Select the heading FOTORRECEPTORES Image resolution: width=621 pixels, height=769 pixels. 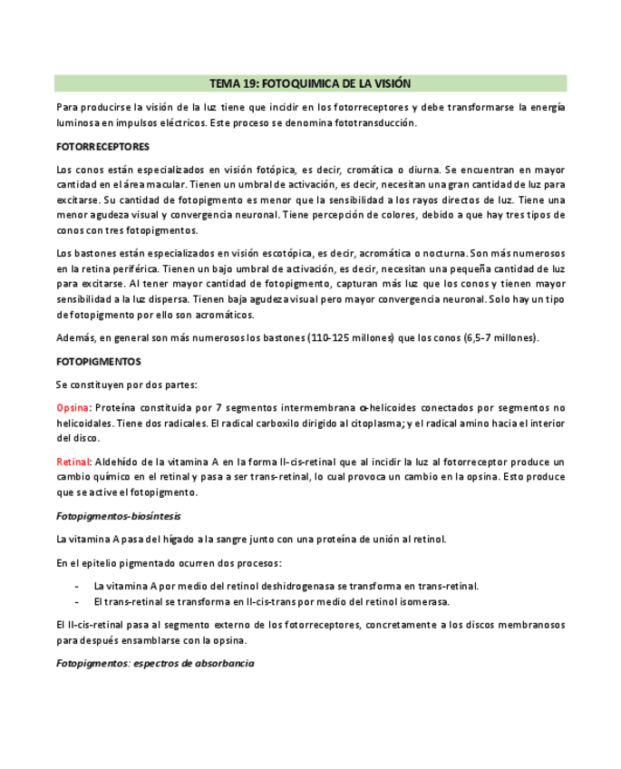click(102, 146)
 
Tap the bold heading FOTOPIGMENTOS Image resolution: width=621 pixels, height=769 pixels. click(98, 361)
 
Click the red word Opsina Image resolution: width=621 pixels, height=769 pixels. click(73, 407)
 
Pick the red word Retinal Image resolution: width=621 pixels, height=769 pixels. click(73, 462)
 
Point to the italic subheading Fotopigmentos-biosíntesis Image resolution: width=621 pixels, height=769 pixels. click(118, 516)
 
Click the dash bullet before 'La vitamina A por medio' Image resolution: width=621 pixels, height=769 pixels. click(77, 586)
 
